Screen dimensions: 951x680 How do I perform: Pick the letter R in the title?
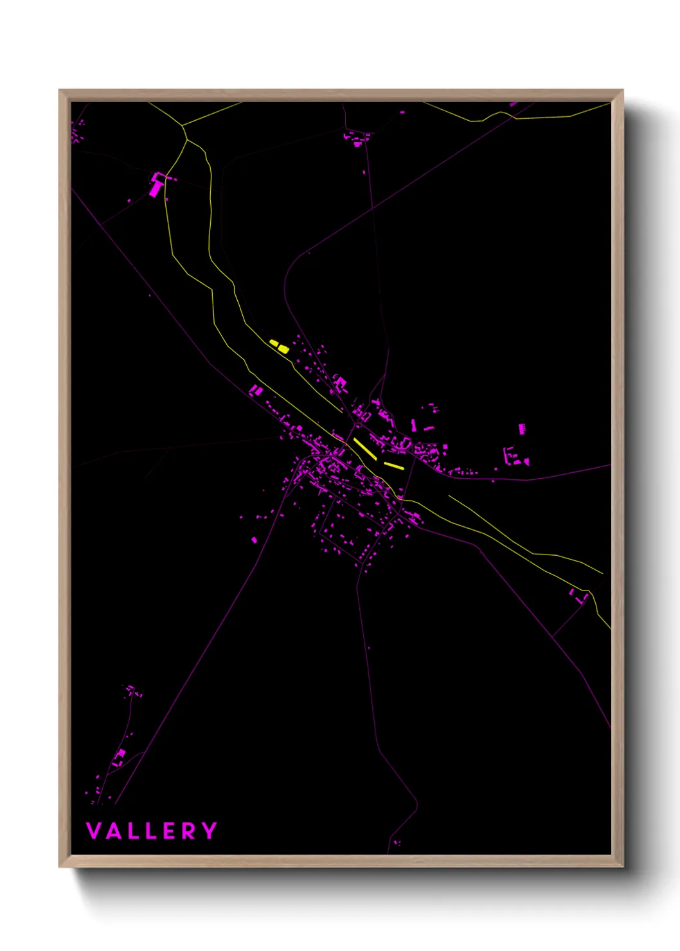pyautogui.click(x=190, y=831)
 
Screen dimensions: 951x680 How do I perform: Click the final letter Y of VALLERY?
pyautogui.click(x=210, y=831)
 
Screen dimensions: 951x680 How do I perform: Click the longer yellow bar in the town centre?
pyautogui.click(x=364, y=448)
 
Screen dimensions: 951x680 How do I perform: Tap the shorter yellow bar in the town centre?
pyautogui.click(x=393, y=465)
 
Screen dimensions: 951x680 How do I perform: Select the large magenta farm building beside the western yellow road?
pyautogui.click(x=156, y=186)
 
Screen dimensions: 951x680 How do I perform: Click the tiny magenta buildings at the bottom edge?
pyautogui.click(x=396, y=842)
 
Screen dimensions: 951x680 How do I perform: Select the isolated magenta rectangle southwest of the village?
pyautogui.click(x=254, y=540)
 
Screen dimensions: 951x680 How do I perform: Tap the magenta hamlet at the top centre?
pyautogui.click(x=356, y=138)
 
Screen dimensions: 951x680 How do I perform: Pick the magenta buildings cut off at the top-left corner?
pyautogui.click(x=76, y=132)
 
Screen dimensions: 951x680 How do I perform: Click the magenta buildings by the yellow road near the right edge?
pyautogui.click(x=579, y=596)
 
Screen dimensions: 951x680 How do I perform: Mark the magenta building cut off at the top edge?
pyautogui.click(x=514, y=104)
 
